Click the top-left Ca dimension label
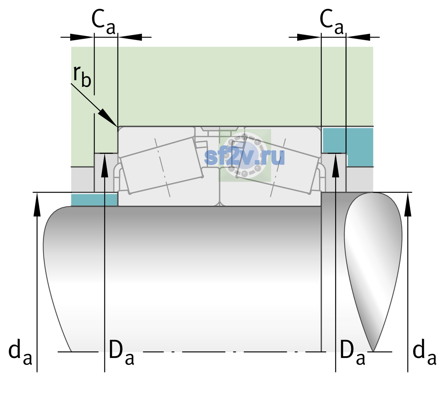(x=103, y=22)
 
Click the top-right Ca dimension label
(x=331, y=22)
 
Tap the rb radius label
(x=82, y=76)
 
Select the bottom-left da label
(x=20, y=353)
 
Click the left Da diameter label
(x=122, y=353)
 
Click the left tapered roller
(x=162, y=166)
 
